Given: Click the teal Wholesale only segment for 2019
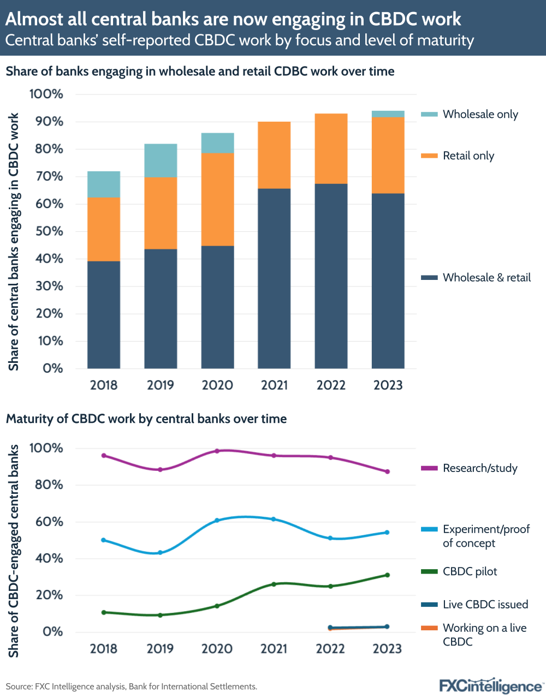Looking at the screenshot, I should coord(161,160).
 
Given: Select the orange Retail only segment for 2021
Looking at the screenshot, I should coord(274,155).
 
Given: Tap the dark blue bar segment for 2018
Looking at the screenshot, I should coord(104,314).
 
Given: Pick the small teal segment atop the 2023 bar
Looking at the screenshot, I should coord(388,114).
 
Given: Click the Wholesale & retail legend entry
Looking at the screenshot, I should coord(476,278).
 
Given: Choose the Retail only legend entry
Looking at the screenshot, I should coord(458,156).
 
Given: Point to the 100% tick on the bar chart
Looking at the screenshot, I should coord(46,94).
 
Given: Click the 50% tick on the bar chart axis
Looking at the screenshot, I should coord(46,231).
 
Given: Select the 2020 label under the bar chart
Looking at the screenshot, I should coord(217,385).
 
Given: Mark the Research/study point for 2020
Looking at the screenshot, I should coord(217,451).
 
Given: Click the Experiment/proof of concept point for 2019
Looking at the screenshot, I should coord(160,553).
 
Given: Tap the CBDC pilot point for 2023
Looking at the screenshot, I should coord(387,575).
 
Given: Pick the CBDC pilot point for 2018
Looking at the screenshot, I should coord(103,612).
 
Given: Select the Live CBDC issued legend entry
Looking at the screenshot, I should coord(475,605).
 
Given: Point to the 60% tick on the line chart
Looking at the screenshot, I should coord(50,522).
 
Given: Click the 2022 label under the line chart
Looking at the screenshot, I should coord(330,649).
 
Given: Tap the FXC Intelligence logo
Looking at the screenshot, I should coord(490,685).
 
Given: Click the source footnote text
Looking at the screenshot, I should coord(131,686).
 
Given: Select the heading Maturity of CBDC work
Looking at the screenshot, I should coord(146,419).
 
